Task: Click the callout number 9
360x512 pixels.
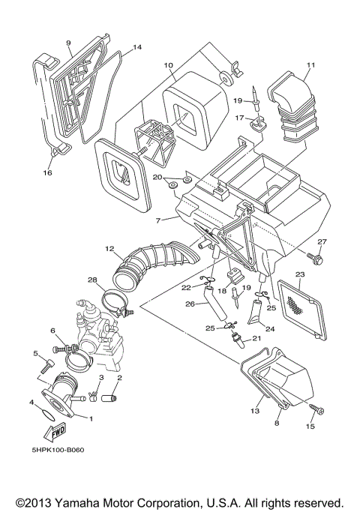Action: click(x=68, y=43)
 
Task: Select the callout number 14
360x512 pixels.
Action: click(x=137, y=47)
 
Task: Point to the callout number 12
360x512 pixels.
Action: click(x=109, y=249)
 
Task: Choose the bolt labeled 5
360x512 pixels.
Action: click(x=46, y=367)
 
